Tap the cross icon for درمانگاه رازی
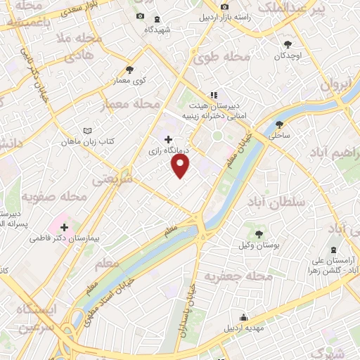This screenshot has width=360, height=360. point(167,140)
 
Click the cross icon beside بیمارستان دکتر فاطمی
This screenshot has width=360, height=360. point(65,227)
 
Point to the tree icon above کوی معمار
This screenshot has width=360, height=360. point(129,70)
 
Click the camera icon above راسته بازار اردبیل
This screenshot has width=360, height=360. point(224,7)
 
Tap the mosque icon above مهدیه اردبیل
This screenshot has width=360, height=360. point(243,318)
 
